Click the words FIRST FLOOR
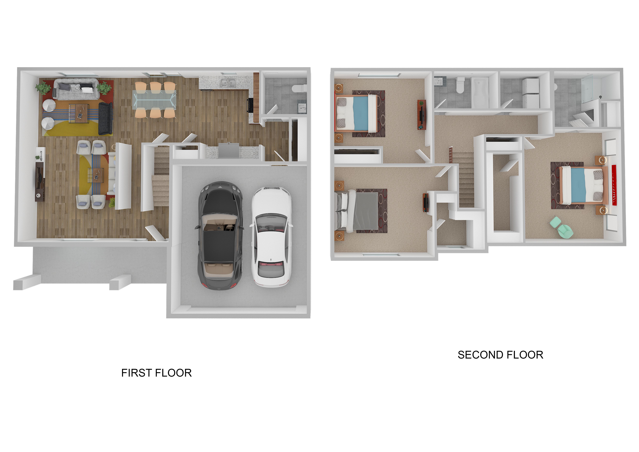click(156, 373)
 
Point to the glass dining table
click(155, 99)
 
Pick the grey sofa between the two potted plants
click(76, 89)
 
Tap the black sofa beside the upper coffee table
click(105, 118)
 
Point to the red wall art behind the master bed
click(614, 185)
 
